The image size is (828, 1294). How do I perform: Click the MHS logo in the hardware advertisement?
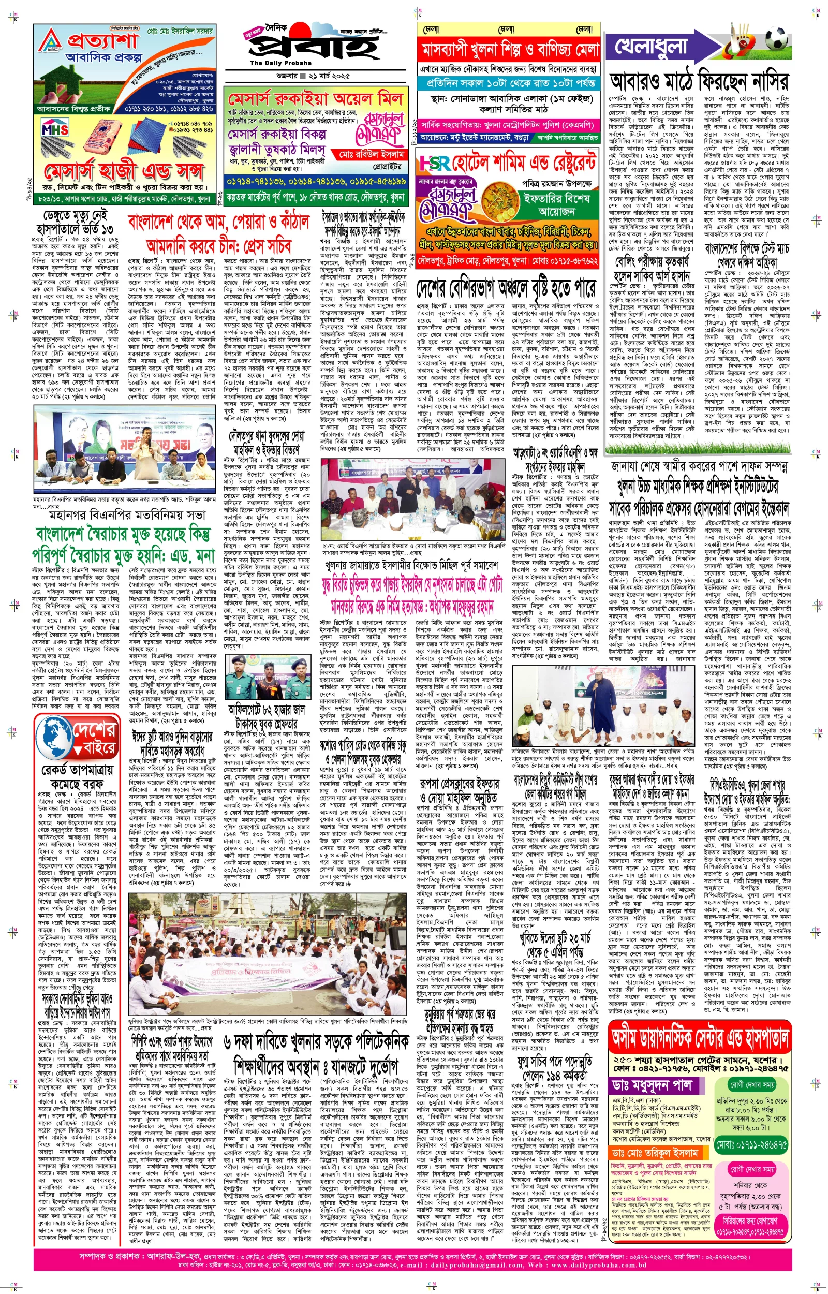pyautogui.click(x=55, y=129)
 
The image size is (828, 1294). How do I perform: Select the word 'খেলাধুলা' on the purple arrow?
pyautogui.click(x=651, y=46)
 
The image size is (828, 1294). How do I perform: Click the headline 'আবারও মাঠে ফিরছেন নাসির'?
pyautogui.click(x=699, y=81)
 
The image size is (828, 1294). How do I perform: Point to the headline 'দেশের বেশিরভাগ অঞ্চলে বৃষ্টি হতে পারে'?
pyautogui.click(x=506, y=290)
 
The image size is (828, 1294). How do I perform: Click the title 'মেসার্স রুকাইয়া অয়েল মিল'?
pyautogui.click(x=315, y=99)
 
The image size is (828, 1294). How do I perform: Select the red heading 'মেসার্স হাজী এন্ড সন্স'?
pyautogui.click(x=123, y=172)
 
